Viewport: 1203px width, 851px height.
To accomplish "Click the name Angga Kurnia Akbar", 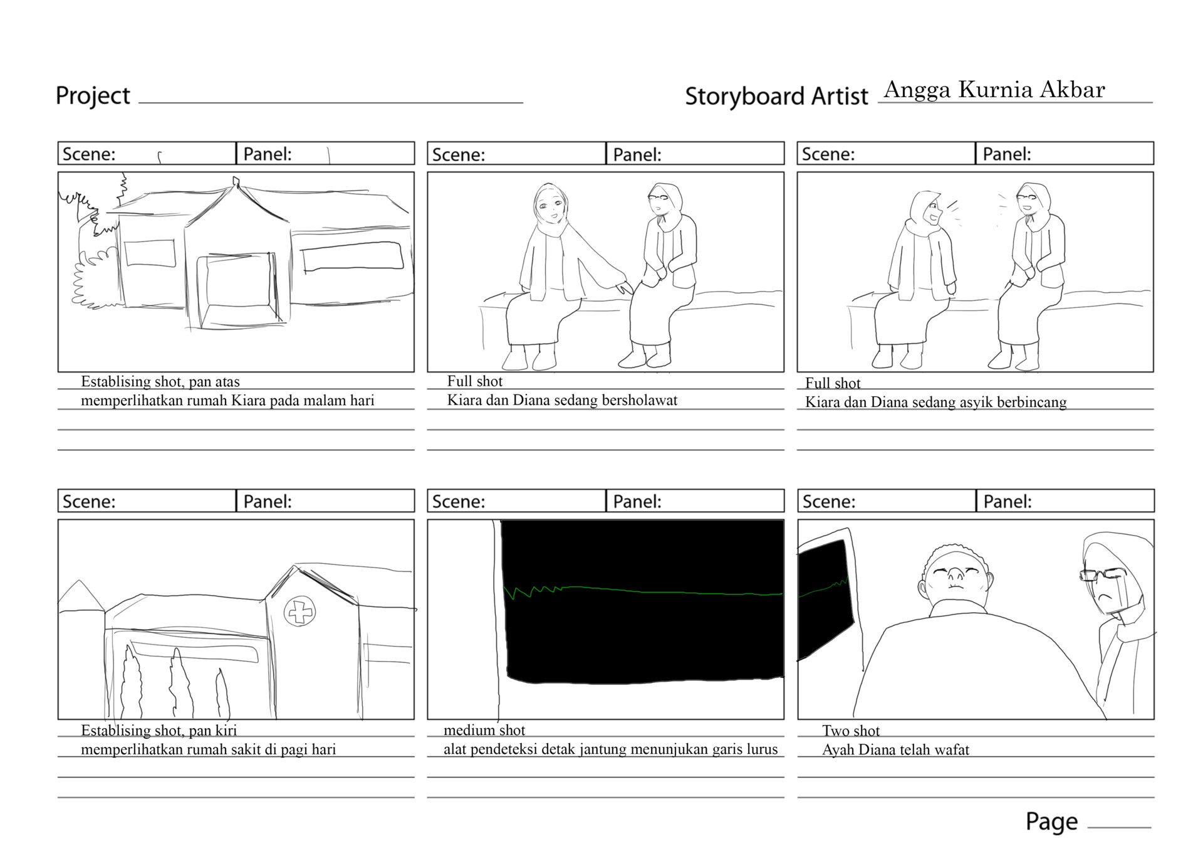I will (994, 90).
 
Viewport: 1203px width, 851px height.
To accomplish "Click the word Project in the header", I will (93, 96).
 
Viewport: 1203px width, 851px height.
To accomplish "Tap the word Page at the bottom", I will (1051, 821).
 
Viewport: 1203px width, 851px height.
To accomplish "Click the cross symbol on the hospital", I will (299, 611).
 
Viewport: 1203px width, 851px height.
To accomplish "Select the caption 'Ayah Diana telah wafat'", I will (895, 749).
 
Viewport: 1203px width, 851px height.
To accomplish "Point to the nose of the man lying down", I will (955, 573).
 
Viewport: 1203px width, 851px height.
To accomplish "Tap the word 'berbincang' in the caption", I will (1031, 402).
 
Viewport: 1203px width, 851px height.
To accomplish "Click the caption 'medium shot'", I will (484, 730).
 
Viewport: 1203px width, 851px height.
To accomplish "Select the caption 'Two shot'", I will (851, 731).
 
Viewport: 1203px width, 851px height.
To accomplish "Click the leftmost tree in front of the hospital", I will (132, 684).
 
